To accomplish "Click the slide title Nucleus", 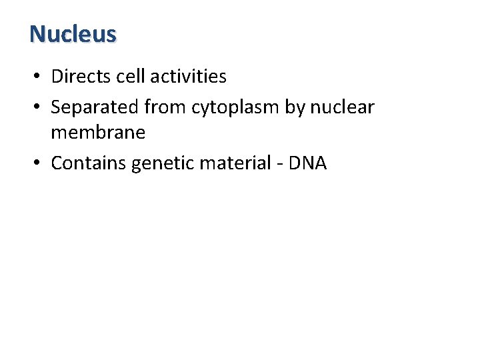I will coord(73,33).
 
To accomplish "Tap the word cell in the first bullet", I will coord(130,77).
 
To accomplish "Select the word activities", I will coord(189,77).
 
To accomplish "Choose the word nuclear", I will coord(343,107).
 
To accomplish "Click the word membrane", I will coord(98,133).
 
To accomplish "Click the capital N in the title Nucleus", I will coord(37,33).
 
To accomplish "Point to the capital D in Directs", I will coord(57,77).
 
